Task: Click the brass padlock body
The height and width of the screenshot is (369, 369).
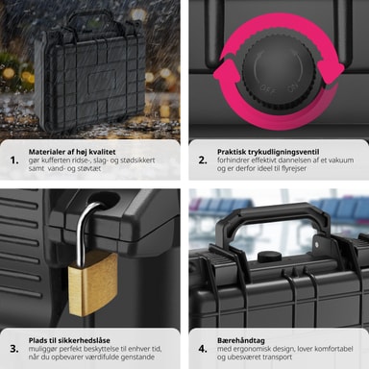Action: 92,283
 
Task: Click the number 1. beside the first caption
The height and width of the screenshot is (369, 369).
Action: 14,160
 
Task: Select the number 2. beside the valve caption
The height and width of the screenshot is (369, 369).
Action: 203,160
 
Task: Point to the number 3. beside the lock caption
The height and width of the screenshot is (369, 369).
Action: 14,349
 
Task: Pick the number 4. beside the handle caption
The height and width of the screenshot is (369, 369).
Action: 203,349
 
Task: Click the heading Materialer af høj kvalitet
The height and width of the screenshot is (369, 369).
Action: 72,152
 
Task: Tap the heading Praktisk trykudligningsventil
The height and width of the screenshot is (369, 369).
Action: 268,152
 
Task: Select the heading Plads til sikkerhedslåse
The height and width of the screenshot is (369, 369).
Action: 69,340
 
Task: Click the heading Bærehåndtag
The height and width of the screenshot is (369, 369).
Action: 241,340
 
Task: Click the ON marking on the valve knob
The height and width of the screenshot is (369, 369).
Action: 292,87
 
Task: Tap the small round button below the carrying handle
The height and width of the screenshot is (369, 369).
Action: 270,257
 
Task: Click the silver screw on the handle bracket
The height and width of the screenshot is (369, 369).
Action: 317,245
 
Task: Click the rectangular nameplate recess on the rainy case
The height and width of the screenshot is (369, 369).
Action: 102,80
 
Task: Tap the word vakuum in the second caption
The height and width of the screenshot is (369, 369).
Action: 340,160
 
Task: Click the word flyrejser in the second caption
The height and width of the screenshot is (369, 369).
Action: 292,168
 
